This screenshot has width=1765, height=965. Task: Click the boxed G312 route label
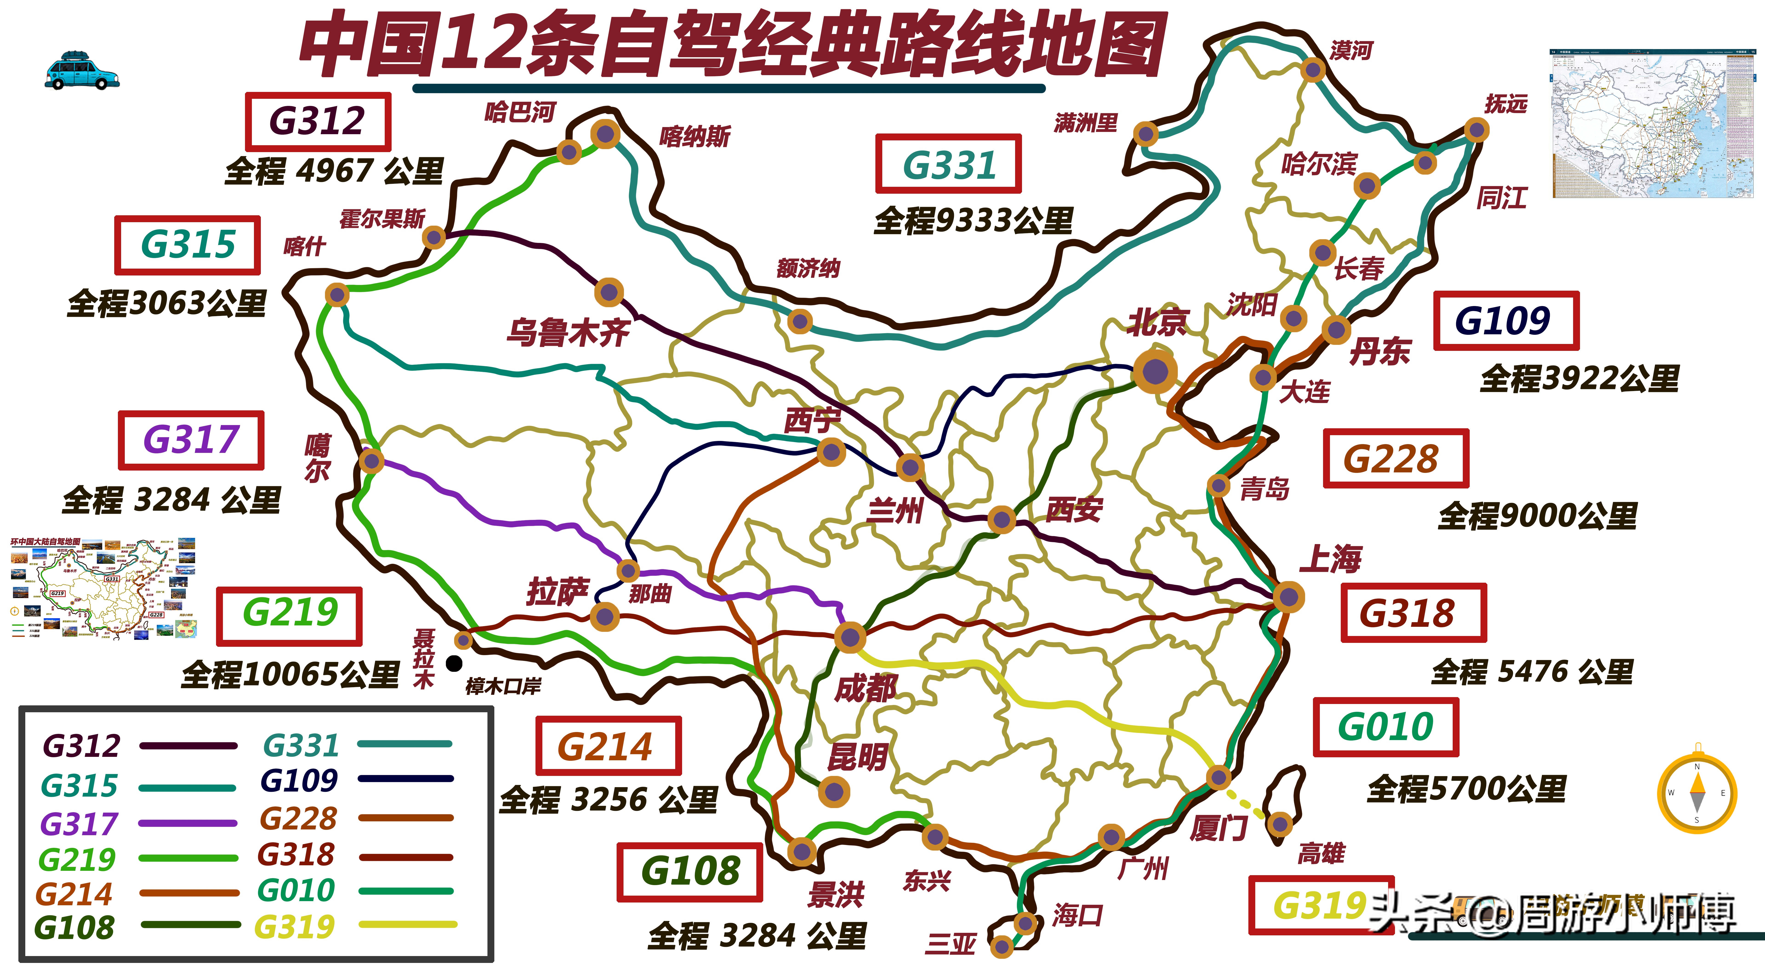click(318, 121)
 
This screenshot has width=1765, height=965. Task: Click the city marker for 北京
click(1155, 372)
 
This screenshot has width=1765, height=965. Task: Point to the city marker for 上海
click(1288, 596)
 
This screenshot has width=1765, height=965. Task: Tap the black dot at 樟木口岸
click(454, 663)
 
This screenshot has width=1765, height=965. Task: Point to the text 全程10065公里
click(290, 674)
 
